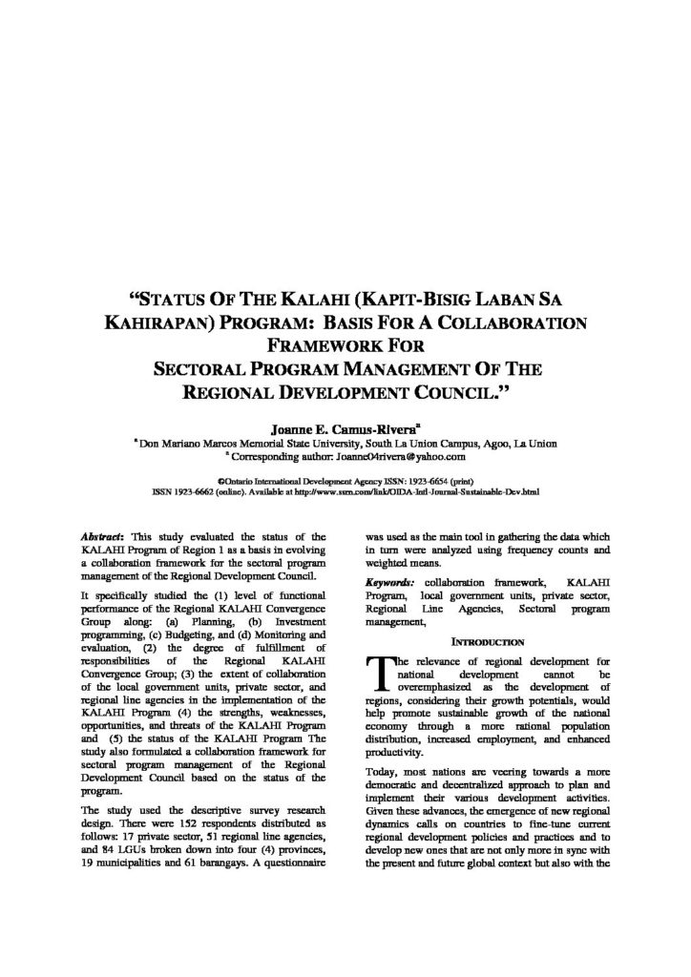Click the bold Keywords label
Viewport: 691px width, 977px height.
(x=389, y=581)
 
